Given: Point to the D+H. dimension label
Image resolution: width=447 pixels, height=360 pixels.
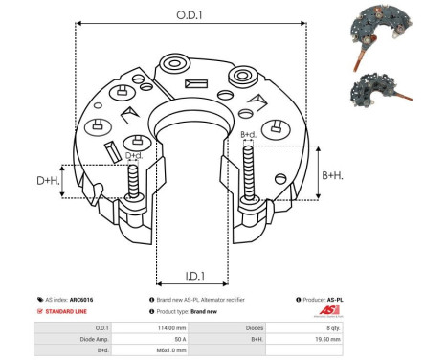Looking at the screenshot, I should pos(49,181).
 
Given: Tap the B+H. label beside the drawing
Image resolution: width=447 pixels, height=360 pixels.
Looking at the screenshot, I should pos(332,175).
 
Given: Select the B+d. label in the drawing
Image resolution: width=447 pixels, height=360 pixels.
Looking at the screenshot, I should pos(248,134).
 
